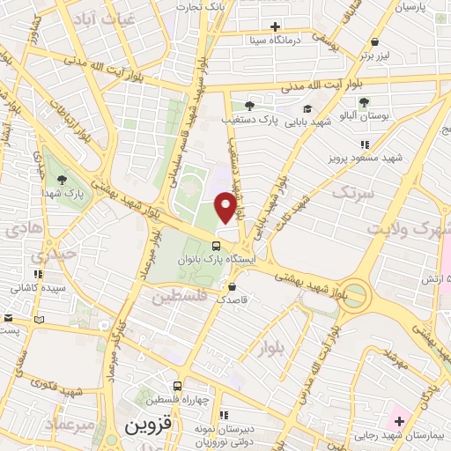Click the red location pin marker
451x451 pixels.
click(226, 206)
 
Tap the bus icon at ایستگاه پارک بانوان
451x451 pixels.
click(216, 246)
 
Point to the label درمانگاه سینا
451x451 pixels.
click(288, 40)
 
